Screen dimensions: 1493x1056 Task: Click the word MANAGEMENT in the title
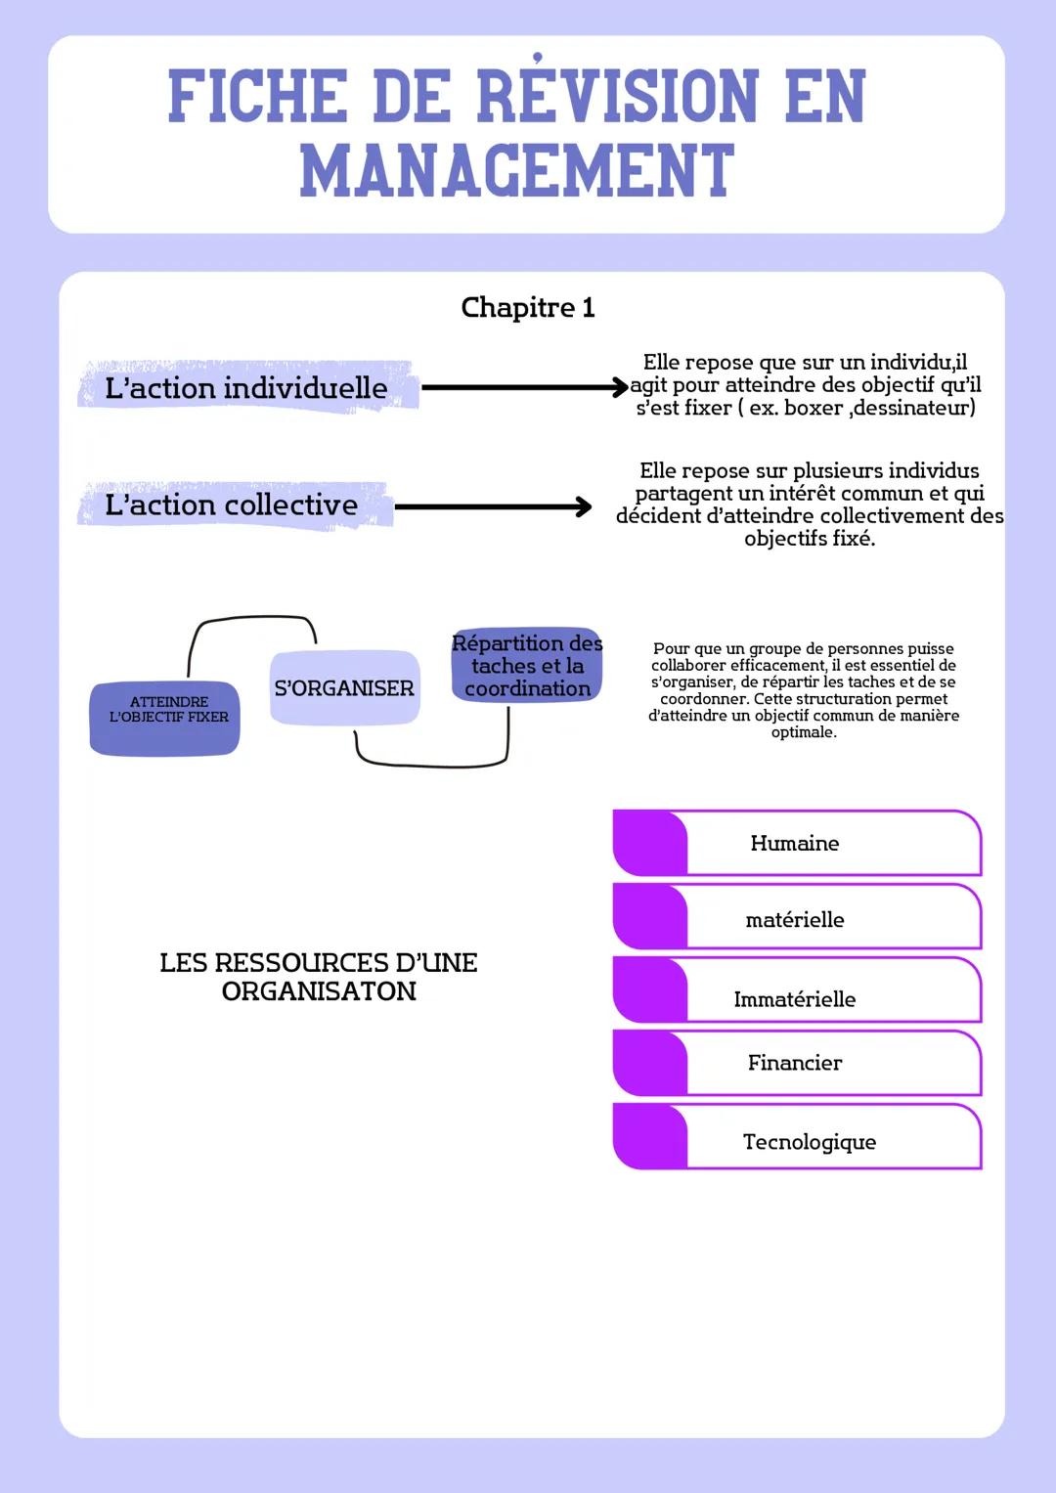pyautogui.click(x=516, y=171)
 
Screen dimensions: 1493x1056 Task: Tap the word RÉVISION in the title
pyautogui.click(x=617, y=97)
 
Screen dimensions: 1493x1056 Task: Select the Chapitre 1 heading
pyautogui.click(x=527, y=307)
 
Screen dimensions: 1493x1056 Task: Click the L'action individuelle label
pyautogui.click(x=246, y=388)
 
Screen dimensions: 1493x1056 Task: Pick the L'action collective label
pyautogui.click(x=232, y=505)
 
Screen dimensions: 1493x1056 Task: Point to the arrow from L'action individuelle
pyautogui.click(x=523, y=387)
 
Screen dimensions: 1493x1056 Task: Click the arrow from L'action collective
pyautogui.click(x=493, y=506)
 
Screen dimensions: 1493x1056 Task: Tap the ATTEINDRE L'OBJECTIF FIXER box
pyautogui.click(x=165, y=719)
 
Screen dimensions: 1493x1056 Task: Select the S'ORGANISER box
pyautogui.click(x=344, y=688)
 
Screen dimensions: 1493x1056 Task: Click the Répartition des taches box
pyautogui.click(x=527, y=666)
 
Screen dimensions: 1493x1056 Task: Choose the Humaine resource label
pyautogui.click(x=794, y=843)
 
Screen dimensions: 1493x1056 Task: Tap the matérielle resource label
pyautogui.click(x=794, y=919)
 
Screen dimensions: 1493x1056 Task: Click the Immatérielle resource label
pyautogui.click(x=794, y=999)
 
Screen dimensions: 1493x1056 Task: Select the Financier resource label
pyautogui.click(x=794, y=1063)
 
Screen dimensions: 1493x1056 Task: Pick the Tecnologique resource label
pyautogui.click(x=809, y=1142)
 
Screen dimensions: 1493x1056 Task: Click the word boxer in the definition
pyautogui.click(x=814, y=408)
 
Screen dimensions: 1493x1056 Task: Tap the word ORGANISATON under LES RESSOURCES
pyautogui.click(x=319, y=991)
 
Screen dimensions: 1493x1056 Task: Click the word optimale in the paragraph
pyautogui.click(x=802, y=732)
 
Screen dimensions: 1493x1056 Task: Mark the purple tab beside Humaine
pyautogui.click(x=649, y=843)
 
